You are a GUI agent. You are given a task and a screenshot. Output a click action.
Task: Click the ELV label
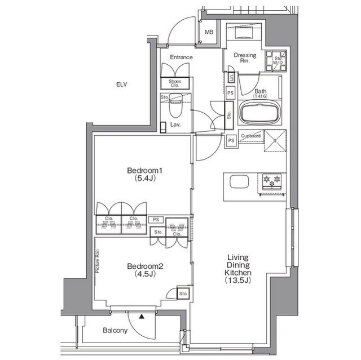click(x=122, y=85)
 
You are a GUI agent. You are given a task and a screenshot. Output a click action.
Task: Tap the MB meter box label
click(x=209, y=32)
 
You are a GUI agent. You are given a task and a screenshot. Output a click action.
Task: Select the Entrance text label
click(x=181, y=57)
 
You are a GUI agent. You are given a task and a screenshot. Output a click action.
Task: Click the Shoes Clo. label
click(x=175, y=83)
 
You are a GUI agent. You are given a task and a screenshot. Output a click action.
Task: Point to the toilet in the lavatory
click(x=175, y=106)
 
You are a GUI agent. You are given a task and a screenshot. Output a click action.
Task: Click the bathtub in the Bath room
click(x=259, y=113)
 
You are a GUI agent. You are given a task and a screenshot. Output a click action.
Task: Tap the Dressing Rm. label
click(x=245, y=58)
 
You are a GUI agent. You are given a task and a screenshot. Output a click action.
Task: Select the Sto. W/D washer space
click(x=276, y=61)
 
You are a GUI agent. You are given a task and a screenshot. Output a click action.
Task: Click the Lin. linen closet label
click(x=231, y=78)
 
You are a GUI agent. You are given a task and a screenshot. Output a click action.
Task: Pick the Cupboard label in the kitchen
click(x=250, y=136)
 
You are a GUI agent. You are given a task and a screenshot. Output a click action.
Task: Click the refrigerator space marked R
click(x=275, y=141)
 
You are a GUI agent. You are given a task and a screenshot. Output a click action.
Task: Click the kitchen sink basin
click(x=239, y=181)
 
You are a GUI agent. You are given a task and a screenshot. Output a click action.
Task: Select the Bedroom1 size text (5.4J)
click(x=145, y=178)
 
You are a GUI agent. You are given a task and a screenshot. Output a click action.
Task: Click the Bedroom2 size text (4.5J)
click(x=145, y=274)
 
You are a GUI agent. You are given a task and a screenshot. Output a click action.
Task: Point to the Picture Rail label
click(x=98, y=261)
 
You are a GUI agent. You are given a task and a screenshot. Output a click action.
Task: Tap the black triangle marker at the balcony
click(x=142, y=317)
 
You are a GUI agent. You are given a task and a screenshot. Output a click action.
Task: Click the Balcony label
click(x=115, y=331)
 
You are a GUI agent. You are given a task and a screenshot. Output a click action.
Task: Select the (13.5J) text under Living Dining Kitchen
click(x=238, y=280)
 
